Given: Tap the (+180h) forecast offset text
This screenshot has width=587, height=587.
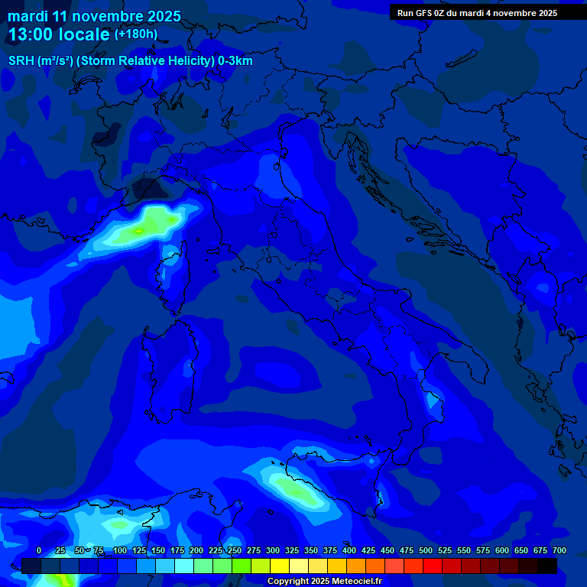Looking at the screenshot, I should tap(136, 34).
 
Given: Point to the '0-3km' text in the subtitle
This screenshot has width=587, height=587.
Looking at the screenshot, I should tap(233, 61).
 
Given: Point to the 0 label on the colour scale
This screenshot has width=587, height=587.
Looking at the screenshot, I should tap(39, 550).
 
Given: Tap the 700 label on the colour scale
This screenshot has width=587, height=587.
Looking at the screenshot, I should tap(559, 550).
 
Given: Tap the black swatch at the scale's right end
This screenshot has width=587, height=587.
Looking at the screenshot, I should tap(547, 566).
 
